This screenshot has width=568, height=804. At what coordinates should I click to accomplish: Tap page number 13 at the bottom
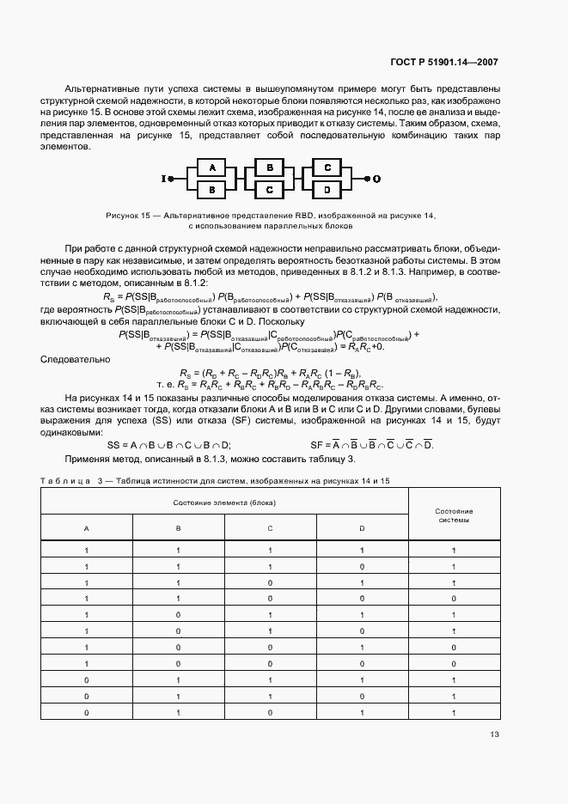tap(493, 734)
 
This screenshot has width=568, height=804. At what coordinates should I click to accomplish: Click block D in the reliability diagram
tap(327, 187)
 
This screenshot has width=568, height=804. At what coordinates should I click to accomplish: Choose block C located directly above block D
tap(327, 167)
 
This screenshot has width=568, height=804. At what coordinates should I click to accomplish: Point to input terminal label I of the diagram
tap(163, 178)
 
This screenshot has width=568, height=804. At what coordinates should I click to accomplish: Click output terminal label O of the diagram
tap(376, 178)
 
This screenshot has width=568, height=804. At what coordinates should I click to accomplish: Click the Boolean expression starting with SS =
tap(168, 445)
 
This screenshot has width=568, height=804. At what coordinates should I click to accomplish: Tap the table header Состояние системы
tap(455, 515)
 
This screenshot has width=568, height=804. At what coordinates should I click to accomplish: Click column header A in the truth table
tap(86, 528)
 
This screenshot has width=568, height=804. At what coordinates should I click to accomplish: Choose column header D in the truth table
tap(361, 528)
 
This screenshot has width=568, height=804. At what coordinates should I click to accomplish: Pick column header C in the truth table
tap(270, 528)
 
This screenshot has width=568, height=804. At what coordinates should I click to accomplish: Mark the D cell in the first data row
tap(361, 550)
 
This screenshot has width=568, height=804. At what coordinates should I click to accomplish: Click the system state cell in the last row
tap(455, 713)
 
